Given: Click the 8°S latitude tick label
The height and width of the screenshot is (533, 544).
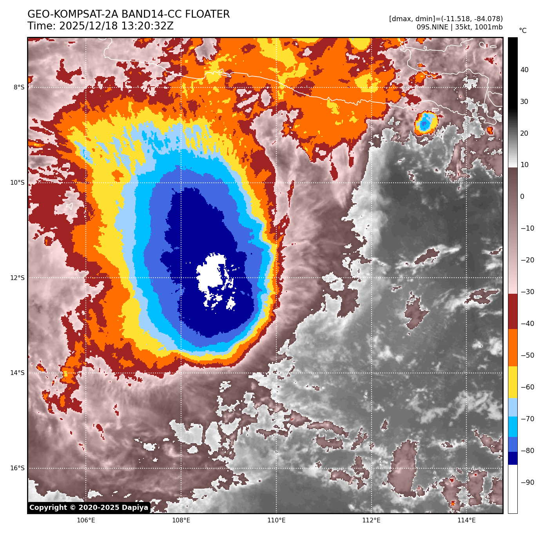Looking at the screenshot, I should [x=19, y=87].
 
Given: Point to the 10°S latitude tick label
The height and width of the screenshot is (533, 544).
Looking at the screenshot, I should [x=17, y=182].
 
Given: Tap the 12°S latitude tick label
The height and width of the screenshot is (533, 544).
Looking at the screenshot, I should [x=17, y=278].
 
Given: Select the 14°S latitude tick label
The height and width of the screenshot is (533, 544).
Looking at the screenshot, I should [x=17, y=373].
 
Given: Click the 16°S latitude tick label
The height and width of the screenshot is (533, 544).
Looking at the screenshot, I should [x=17, y=468].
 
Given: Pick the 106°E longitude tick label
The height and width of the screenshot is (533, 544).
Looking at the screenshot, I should [x=86, y=520].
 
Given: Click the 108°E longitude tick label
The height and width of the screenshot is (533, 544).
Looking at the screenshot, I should [x=181, y=520].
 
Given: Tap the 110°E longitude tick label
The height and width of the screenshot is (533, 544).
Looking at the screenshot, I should [x=276, y=520].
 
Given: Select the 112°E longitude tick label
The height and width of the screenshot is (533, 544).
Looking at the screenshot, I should [x=371, y=520].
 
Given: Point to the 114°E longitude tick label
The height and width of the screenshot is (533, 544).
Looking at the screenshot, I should [x=466, y=520].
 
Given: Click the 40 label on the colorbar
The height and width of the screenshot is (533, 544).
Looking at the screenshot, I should [x=524, y=70].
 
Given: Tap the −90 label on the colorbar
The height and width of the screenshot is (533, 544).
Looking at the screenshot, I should [x=527, y=482].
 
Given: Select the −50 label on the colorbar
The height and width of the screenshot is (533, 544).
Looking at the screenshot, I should [x=527, y=355].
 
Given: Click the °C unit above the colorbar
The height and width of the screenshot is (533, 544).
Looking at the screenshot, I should [x=522, y=31].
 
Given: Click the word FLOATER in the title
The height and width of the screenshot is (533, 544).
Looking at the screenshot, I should [x=207, y=15].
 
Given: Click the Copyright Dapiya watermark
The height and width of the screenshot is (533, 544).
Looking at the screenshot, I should [x=89, y=508].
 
